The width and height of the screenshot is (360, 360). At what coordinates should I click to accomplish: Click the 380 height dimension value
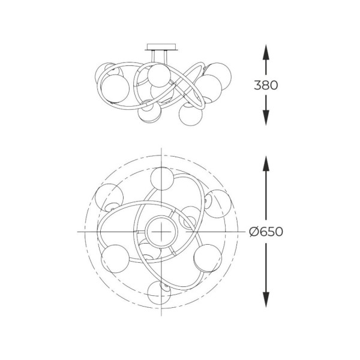click(266, 85)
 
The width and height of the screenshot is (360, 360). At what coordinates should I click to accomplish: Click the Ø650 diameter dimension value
click(266, 232)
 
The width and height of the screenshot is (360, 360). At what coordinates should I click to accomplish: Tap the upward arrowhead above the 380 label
click(266, 52)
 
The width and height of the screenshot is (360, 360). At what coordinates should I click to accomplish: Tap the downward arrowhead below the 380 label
click(266, 118)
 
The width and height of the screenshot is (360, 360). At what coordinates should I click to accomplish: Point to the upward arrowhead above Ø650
click(266, 163)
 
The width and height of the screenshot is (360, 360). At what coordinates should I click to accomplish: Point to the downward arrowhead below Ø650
click(266, 299)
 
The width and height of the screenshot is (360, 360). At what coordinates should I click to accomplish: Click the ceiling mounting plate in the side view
click(161, 47)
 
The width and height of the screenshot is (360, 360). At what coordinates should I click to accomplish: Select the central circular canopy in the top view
click(161, 232)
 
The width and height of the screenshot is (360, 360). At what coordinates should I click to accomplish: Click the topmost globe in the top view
click(163, 179)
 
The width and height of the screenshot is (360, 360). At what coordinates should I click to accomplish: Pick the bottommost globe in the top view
click(160, 292)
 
